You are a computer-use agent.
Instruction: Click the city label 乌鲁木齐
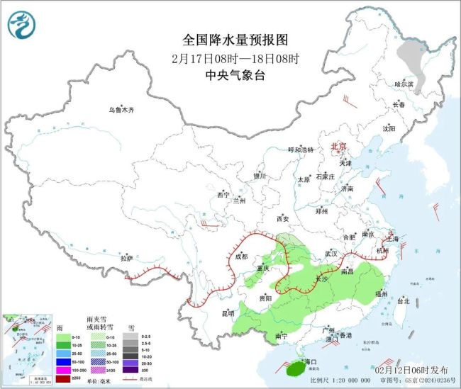(121, 110)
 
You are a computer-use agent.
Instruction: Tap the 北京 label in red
(338, 147)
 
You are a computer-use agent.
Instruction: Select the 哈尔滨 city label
(403, 84)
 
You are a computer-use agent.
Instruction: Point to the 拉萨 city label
(126, 259)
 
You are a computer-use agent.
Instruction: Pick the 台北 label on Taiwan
(402, 301)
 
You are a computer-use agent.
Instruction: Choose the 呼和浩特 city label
(300, 150)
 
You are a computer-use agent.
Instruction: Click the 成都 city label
(241, 257)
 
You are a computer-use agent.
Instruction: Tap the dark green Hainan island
(291, 368)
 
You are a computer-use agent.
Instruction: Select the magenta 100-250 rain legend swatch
(62, 369)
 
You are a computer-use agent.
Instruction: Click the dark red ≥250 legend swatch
(62, 378)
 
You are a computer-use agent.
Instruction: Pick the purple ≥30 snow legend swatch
(131, 369)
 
